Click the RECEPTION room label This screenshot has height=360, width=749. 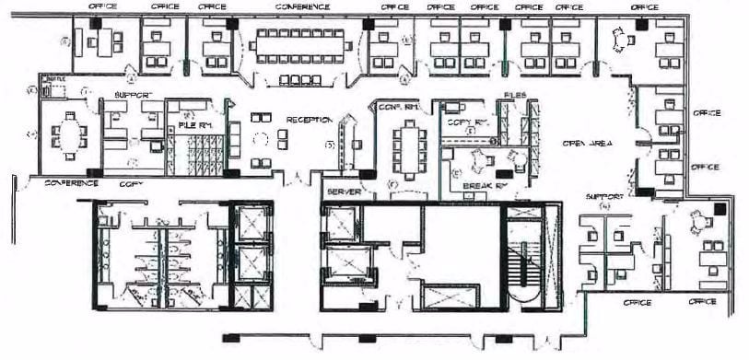[308, 120]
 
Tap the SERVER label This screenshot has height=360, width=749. [343, 192]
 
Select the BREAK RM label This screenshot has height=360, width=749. [485, 185]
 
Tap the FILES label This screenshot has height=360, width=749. [514, 95]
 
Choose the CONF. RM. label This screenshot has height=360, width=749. [399, 108]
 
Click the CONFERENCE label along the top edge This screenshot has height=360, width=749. [301, 6]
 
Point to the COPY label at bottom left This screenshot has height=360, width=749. [131, 183]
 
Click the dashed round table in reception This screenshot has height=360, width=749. [261, 139]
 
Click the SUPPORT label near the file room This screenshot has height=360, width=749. [132, 96]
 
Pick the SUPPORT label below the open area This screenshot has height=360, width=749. [604, 197]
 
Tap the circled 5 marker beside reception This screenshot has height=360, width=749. [328, 144]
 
